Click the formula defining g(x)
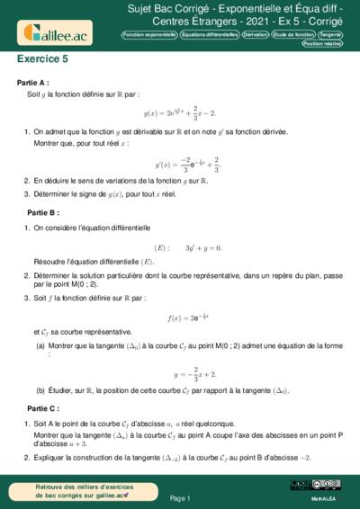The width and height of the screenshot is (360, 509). (x=179, y=113)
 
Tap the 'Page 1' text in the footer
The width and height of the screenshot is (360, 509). (x=181, y=497)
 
